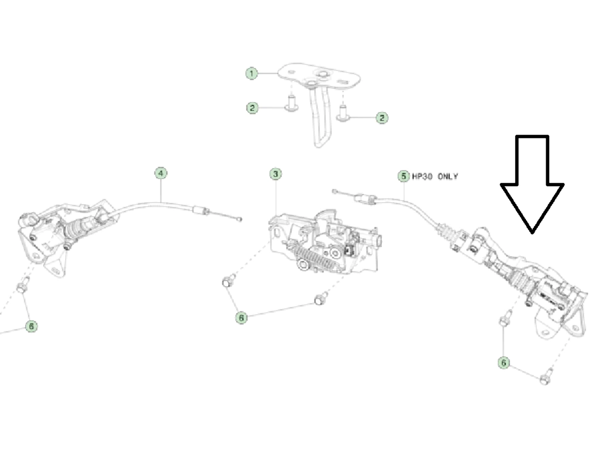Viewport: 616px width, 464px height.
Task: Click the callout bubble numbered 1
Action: tap(251, 73)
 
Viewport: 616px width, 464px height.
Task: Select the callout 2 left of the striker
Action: tap(252, 108)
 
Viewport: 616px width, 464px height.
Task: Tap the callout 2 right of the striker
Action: tap(382, 117)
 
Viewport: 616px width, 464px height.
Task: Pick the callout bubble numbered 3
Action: tap(276, 174)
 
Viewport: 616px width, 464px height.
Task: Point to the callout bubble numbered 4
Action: tap(160, 173)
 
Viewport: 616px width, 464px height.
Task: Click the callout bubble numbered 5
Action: tap(404, 176)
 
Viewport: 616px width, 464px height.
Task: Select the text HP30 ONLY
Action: tap(435, 176)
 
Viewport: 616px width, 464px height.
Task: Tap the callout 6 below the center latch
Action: tap(241, 318)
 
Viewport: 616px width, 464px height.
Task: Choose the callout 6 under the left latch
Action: tap(31, 326)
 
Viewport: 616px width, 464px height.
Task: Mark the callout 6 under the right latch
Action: tap(504, 362)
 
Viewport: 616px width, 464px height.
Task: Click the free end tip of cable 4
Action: tap(240, 219)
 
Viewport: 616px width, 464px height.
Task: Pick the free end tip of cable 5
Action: tap(334, 190)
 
